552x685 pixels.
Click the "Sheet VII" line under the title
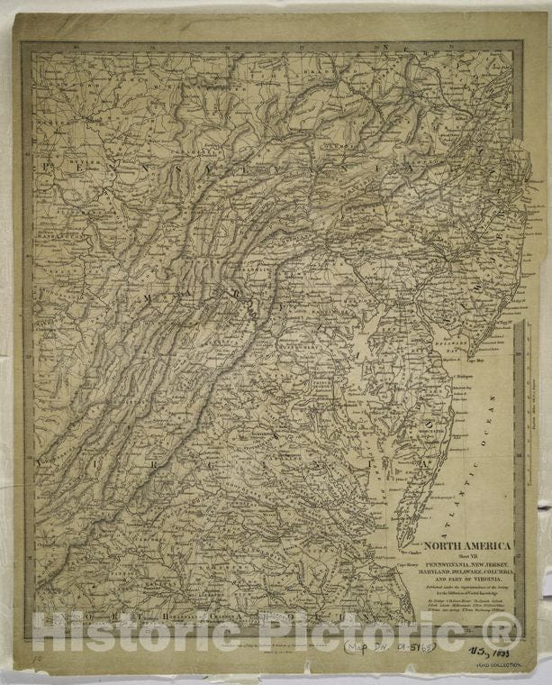coord(466,556)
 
